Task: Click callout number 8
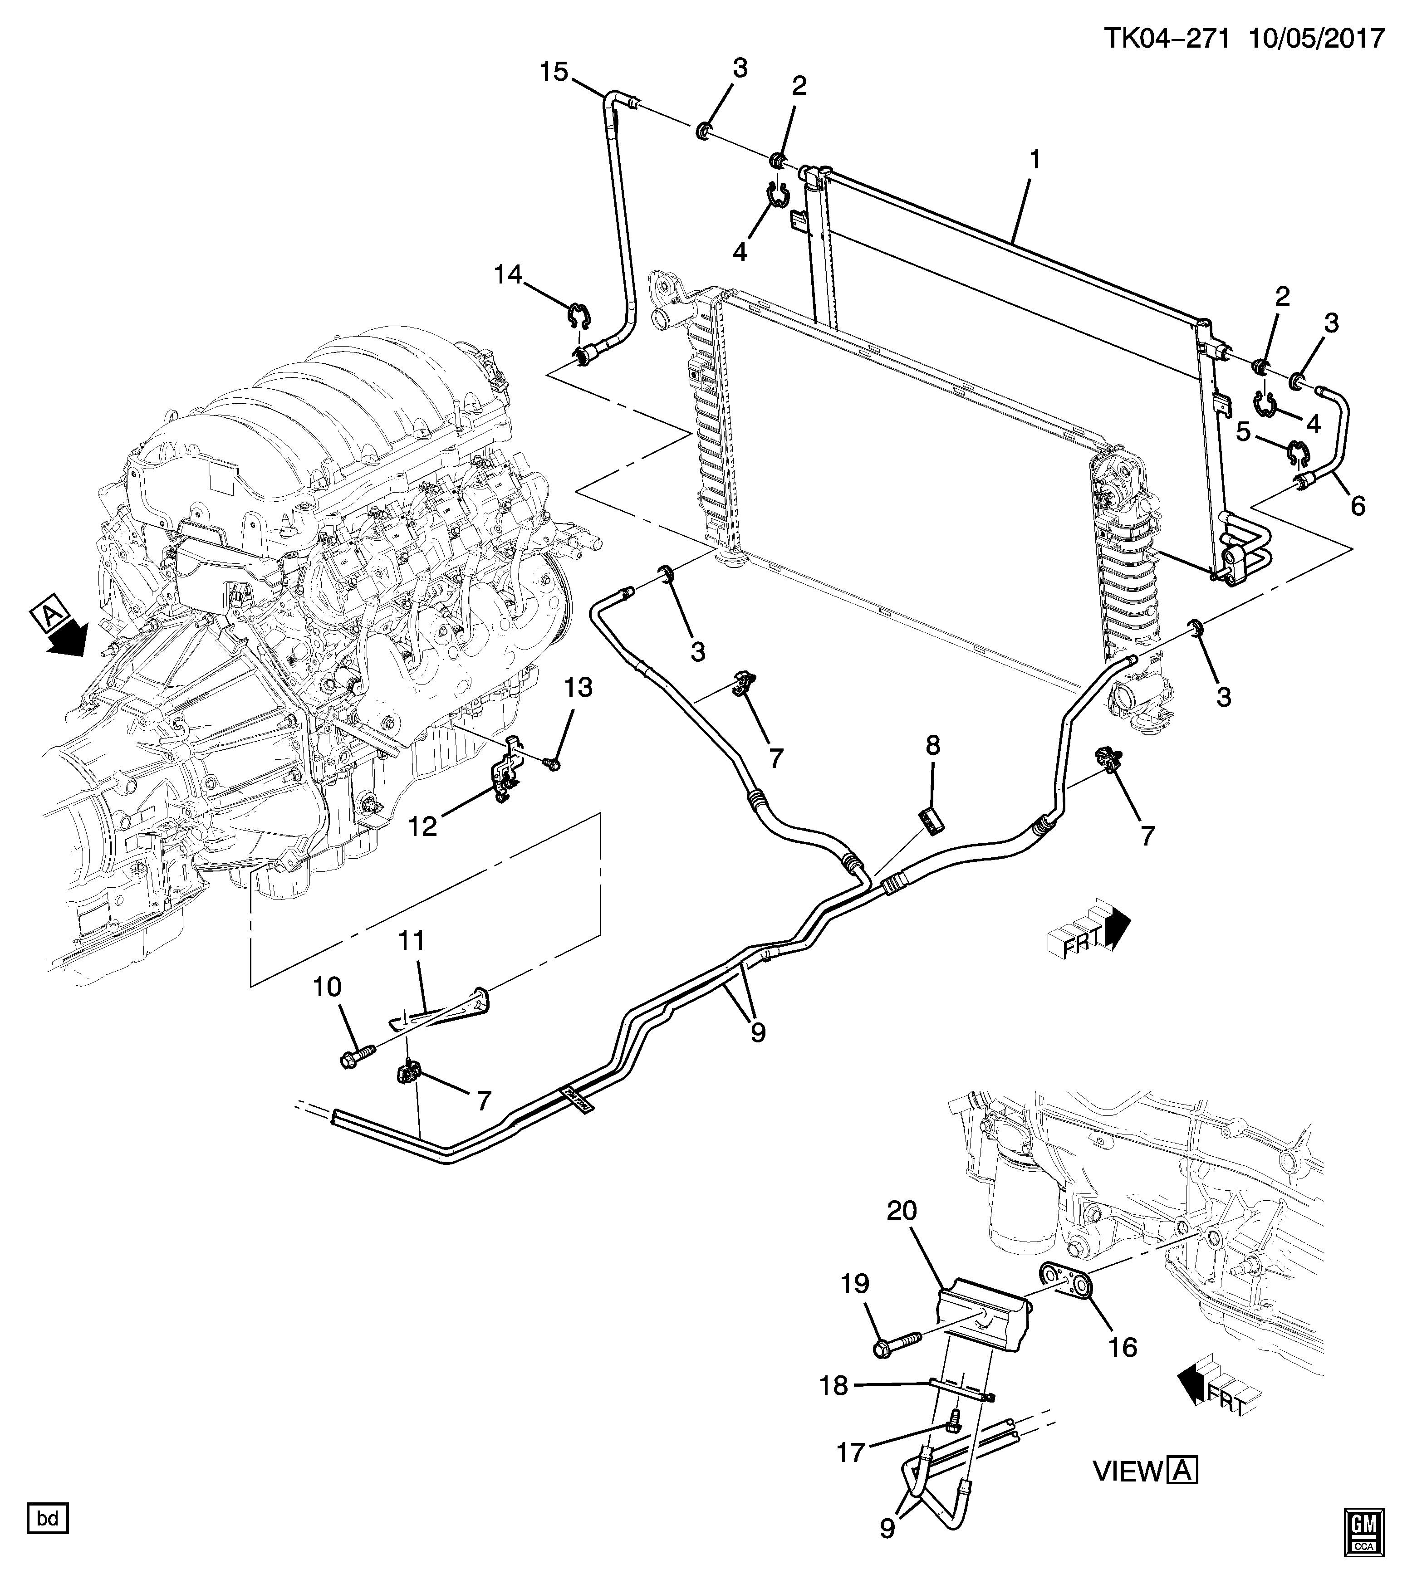[x=932, y=746]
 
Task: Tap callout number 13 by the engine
[x=578, y=687]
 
